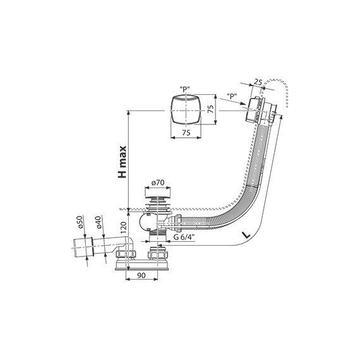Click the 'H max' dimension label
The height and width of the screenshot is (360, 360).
click(122, 162)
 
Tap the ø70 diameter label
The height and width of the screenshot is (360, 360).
click(158, 183)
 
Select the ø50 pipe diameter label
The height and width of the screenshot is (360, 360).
click(80, 222)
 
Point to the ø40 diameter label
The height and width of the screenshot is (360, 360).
click(99, 222)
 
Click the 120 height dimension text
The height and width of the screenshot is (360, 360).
click(124, 226)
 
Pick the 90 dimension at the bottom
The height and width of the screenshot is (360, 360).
click(141, 275)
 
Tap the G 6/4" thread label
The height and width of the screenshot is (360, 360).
click(184, 237)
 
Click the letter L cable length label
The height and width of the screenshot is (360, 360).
click(246, 235)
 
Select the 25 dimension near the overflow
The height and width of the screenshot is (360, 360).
click(258, 81)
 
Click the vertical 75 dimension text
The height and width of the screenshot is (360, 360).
click(210, 109)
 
